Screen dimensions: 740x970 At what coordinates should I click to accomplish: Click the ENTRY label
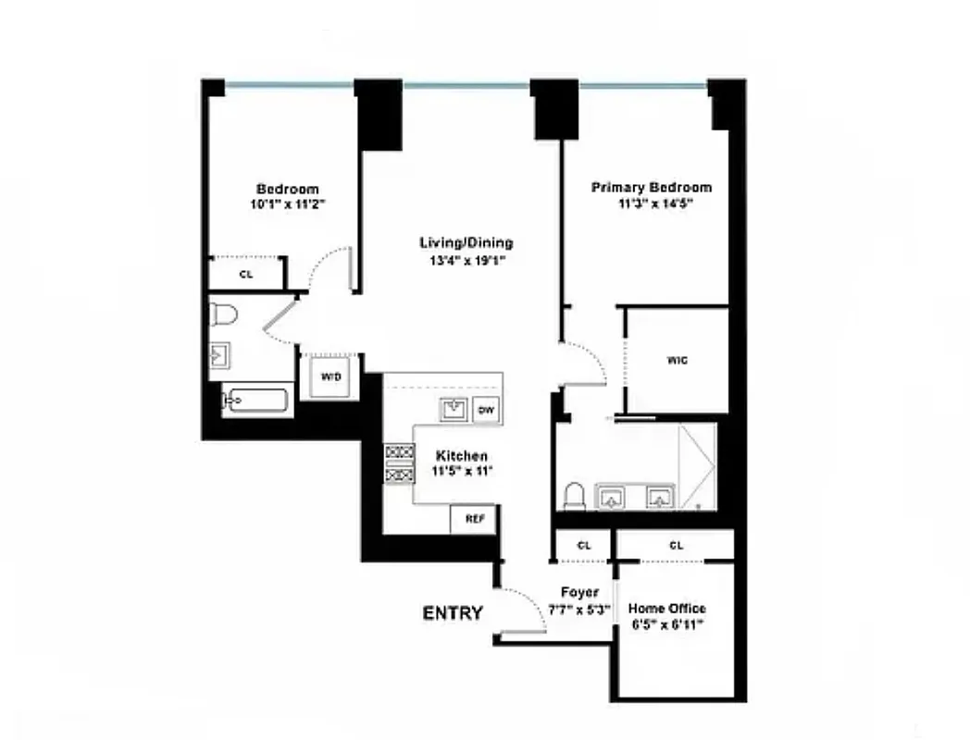pos(453,612)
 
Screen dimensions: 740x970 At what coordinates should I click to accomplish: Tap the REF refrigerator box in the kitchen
pos(474,519)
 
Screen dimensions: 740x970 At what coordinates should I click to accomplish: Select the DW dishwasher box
pos(485,410)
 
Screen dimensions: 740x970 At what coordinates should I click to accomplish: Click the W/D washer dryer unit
pos(330,376)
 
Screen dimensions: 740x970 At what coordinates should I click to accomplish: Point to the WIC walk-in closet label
pos(677,361)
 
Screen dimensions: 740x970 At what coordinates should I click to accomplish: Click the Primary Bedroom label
pos(652,188)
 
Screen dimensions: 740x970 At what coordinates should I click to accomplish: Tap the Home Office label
pos(666,608)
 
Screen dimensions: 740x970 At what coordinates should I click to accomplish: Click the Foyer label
pos(580,592)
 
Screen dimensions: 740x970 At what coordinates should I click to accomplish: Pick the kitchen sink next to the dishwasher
pos(454,409)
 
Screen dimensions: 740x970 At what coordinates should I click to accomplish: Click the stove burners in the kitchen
pos(399,462)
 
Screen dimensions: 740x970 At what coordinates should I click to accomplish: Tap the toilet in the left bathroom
pos(224,314)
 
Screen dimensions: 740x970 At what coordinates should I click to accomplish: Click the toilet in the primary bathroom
pos(574,497)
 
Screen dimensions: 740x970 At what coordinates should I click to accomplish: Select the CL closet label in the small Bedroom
pos(245,275)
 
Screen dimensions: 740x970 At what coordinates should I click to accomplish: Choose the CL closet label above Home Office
pos(676,546)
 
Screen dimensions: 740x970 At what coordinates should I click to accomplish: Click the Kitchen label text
pos(462,456)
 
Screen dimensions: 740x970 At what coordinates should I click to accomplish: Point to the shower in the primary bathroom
pos(698,467)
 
